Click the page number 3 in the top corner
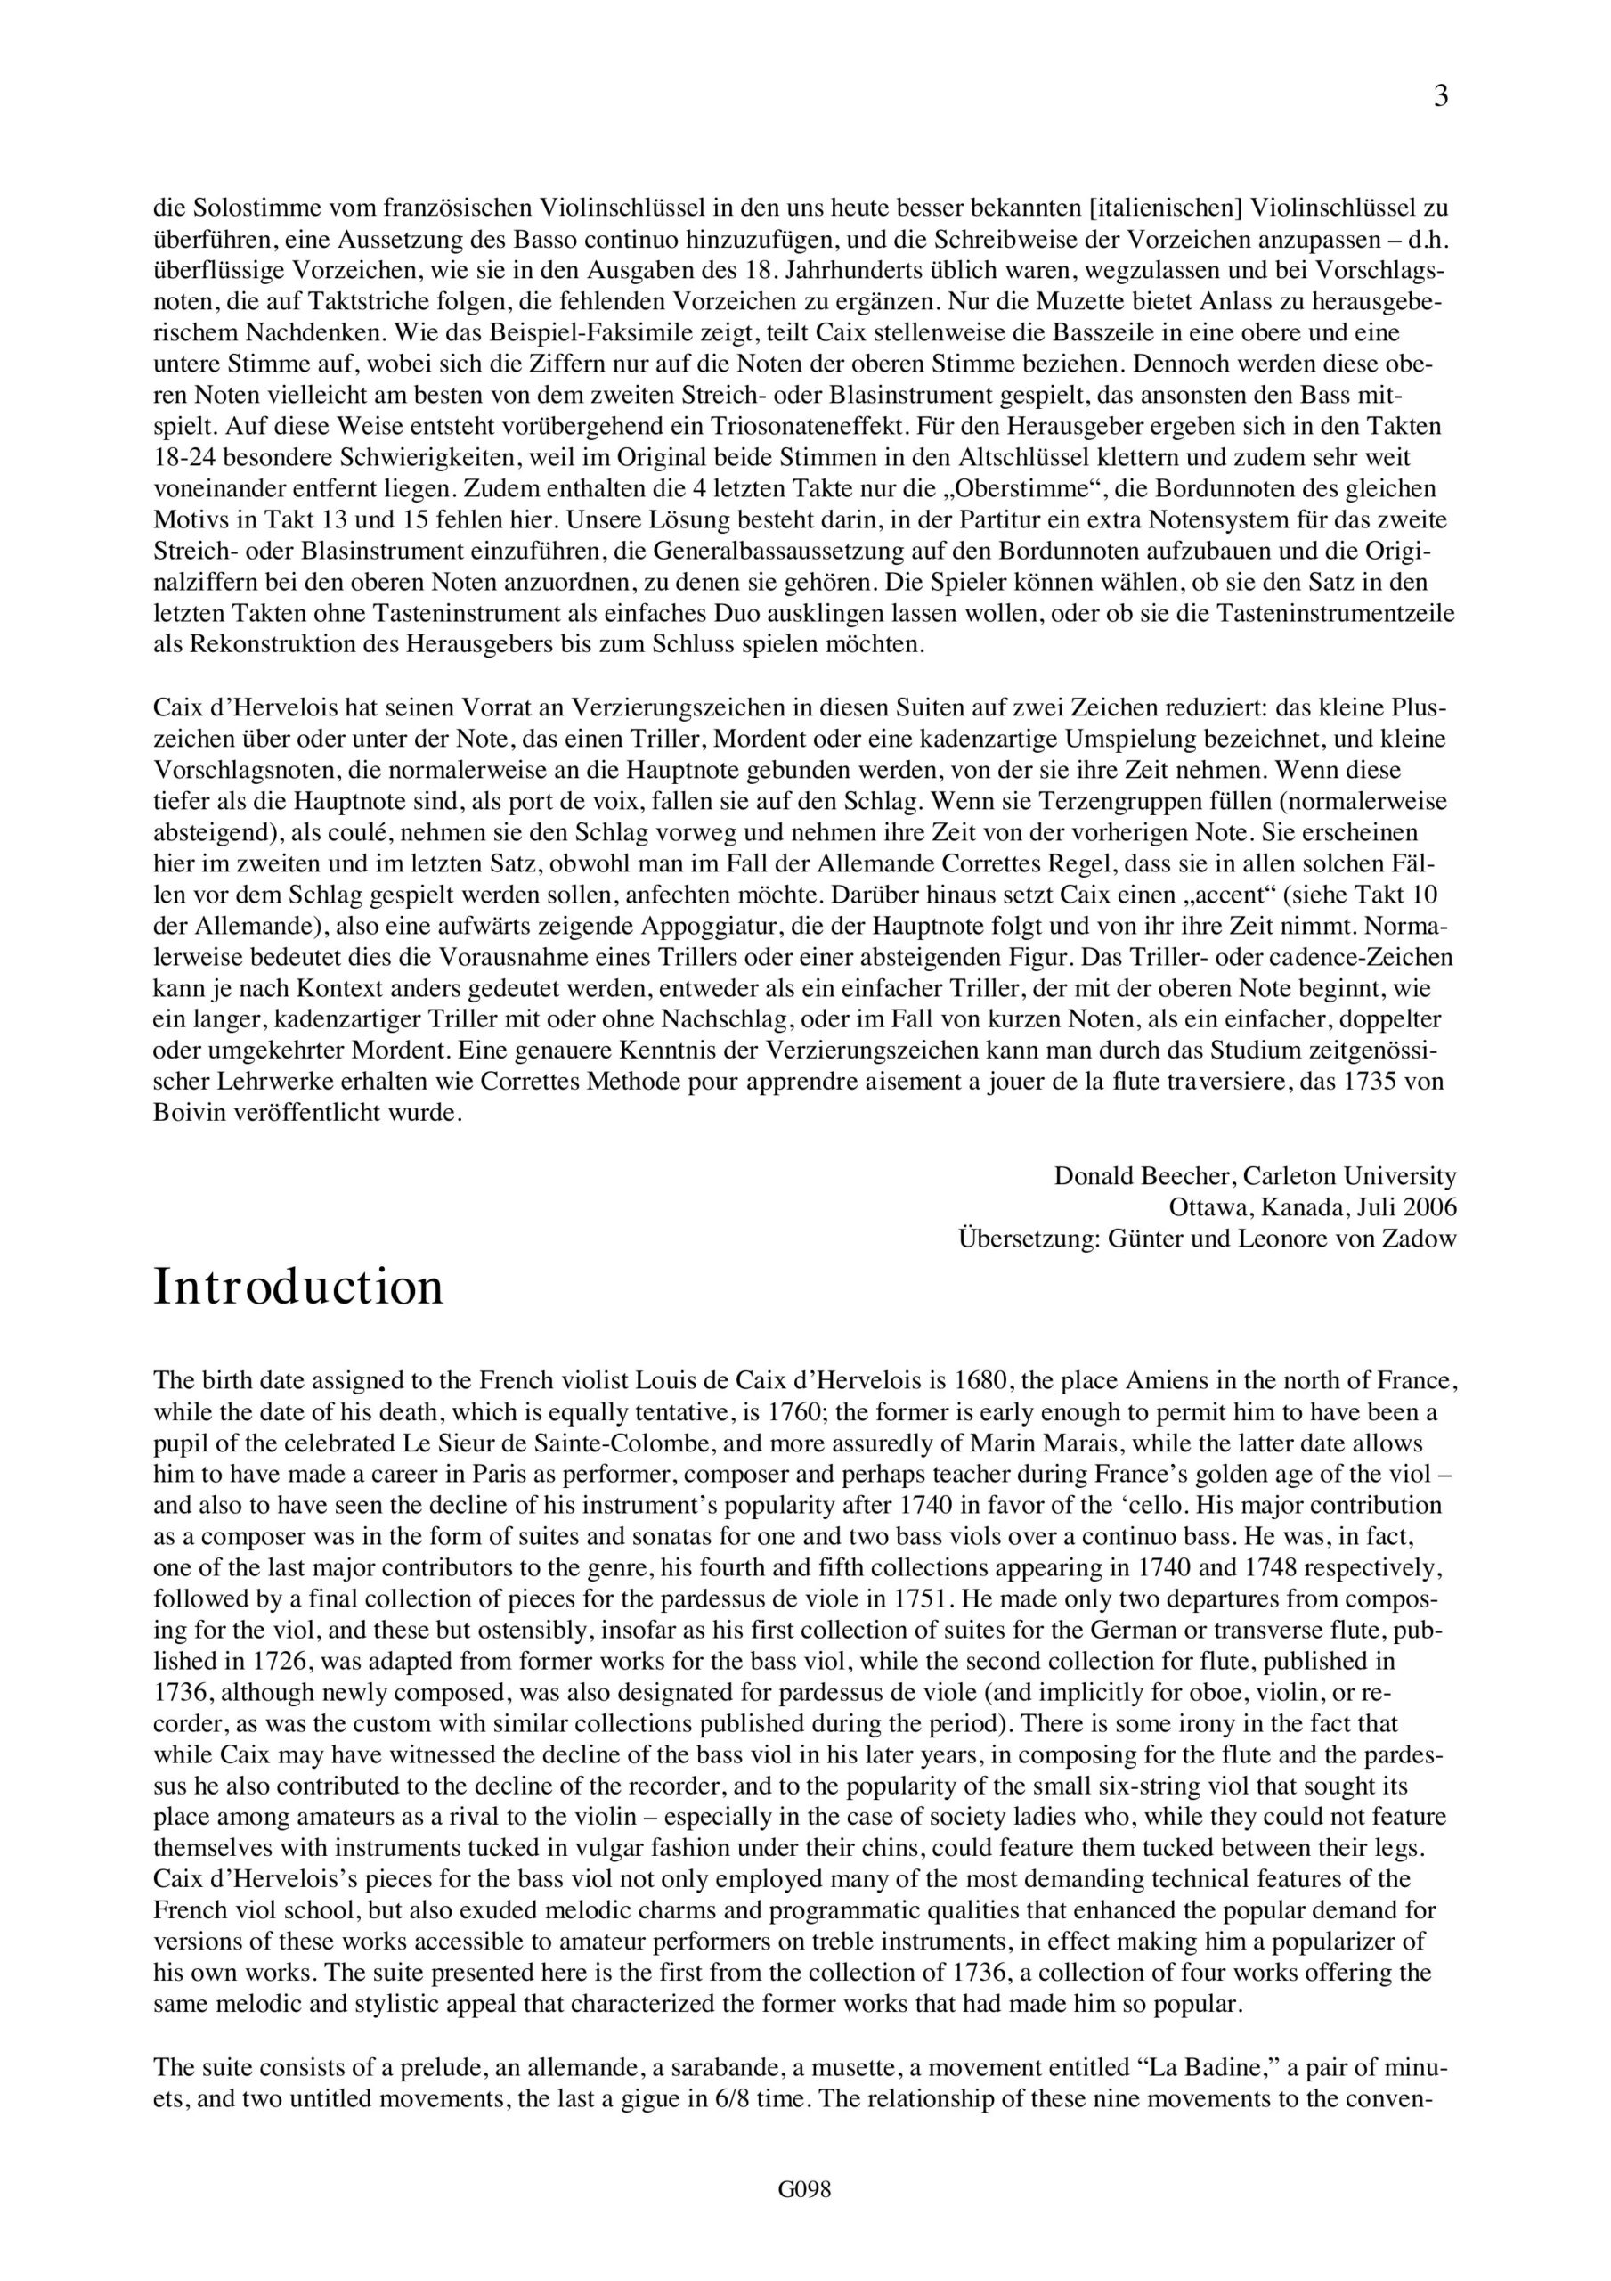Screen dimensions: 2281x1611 click(1441, 96)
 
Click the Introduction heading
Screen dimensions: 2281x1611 click(298, 1288)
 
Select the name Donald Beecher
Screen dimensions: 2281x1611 click(1143, 1176)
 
